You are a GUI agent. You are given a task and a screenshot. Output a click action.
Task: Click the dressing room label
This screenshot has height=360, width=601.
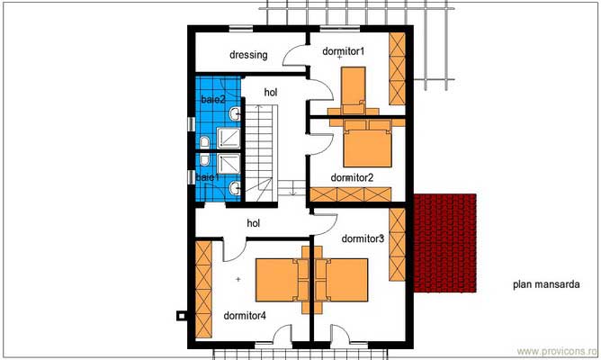[x=248, y=55]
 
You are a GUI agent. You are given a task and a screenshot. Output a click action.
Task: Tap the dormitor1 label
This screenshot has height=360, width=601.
[x=343, y=51]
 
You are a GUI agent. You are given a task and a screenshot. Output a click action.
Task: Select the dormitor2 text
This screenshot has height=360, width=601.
[x=352, y=178]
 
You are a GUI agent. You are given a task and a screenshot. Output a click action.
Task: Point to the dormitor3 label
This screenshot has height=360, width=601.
[x=363, y=238]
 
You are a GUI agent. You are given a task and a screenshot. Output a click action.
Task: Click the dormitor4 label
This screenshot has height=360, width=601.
[x=245, y=316]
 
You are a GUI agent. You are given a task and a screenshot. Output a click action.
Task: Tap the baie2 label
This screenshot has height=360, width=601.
[x=213, y=100]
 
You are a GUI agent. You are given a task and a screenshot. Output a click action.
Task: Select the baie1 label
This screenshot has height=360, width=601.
[x=207, y=177]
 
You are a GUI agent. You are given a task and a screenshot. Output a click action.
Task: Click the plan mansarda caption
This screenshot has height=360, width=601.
[x=546, y=284]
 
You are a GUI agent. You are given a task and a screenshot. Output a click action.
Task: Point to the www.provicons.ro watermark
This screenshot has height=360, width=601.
[x=557, y=351]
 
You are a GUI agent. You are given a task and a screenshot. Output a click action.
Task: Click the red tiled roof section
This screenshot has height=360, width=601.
[x=445, y=243]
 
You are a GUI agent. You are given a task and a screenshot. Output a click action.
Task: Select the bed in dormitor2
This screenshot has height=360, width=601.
[x=368, y=143]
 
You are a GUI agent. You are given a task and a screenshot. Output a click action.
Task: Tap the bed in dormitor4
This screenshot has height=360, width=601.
[x=277, y=280]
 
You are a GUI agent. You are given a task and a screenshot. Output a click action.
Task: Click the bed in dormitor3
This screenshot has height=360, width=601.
[x=346, y=280]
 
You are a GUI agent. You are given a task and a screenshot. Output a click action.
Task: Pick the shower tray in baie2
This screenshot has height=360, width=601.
[x=229, y=138]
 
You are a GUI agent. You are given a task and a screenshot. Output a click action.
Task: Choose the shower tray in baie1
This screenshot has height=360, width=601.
[x=229, y=164]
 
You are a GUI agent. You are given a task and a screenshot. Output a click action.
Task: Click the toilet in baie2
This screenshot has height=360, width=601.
[x=204, y=142]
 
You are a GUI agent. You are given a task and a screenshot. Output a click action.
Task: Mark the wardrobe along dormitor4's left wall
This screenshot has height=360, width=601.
[x=203, y=290]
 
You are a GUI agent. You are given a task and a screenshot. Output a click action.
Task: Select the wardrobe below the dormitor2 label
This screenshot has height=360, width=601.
[x=351, y=194]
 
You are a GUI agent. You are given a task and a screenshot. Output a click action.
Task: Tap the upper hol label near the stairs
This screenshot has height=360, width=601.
[x=271, y=93]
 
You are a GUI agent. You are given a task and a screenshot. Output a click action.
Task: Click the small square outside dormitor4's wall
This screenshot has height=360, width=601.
[x=181, y=316]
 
